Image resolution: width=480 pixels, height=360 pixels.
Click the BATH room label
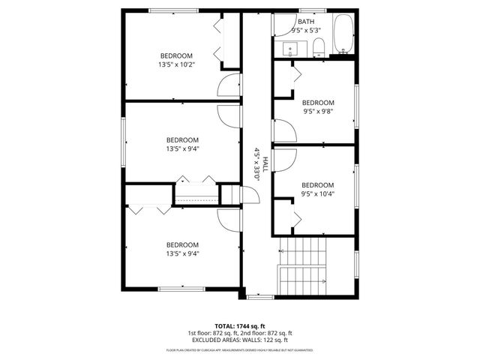click(x=306, y=22)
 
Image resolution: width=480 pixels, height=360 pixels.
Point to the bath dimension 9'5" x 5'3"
click(x=306, y=31)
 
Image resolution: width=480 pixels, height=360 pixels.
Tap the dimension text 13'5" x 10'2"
click(x=175, y=65)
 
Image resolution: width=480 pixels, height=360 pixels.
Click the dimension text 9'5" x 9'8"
click(x=317, y=111)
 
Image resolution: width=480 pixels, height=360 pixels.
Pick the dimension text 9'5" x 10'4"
click(x=317, y=193)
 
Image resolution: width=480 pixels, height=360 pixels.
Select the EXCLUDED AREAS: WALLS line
click(x=240, y=340)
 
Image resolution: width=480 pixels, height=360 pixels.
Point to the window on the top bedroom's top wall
click(x=169, y=10)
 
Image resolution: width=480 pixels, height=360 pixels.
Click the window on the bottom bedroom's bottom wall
click(x=181, y=289)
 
